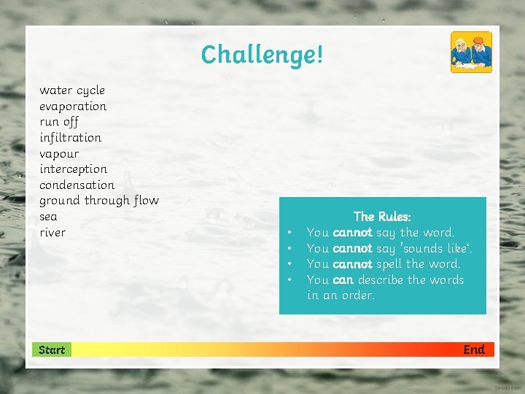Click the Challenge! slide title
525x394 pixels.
pos(262,55)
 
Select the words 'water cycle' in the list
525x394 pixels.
pos(72,90)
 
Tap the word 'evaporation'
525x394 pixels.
pos(73,107)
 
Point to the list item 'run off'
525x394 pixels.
pos(59,122)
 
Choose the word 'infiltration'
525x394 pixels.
pos(71,137)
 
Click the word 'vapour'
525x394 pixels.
pos(59,154)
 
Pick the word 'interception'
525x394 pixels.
pos(74,169)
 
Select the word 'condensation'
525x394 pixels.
pos(77,185)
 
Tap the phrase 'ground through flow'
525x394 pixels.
pos(98,201)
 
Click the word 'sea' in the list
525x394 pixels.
pos(48,217)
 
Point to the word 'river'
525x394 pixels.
pos(52,233)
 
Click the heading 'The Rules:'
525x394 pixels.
pos(382,217)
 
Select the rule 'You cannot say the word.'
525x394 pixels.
pos(380,233)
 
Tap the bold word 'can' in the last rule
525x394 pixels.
pos(343,280)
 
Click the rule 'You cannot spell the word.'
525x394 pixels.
pos(384,264)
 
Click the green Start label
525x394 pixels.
pos(52,350)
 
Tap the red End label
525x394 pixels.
pos(473,349)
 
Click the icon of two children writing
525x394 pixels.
pos(471,53)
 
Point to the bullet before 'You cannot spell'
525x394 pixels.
pos(290,264)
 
